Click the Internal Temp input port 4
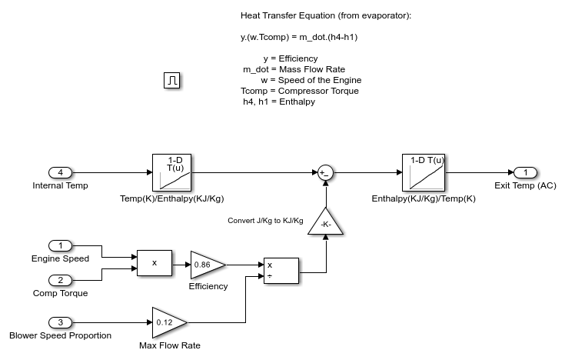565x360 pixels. (x=60, y=172)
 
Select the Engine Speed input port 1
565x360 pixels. (x=60, y=245)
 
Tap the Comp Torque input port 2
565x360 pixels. (x=60, y=280)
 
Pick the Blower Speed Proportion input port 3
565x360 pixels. (x=60, y=322)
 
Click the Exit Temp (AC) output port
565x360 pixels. (x=525, y=172)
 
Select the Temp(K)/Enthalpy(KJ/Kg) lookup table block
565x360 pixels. (x=174, y=172)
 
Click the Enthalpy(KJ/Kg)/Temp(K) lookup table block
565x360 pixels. (x=424, y=172)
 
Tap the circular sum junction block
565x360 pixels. (x=324, y=172)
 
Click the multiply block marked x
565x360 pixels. (x=155, y=262)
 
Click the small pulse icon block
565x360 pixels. (x=173, y=80)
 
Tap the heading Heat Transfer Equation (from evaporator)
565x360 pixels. (x=326, y=15)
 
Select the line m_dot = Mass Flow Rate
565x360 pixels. (x=294, y=69)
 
